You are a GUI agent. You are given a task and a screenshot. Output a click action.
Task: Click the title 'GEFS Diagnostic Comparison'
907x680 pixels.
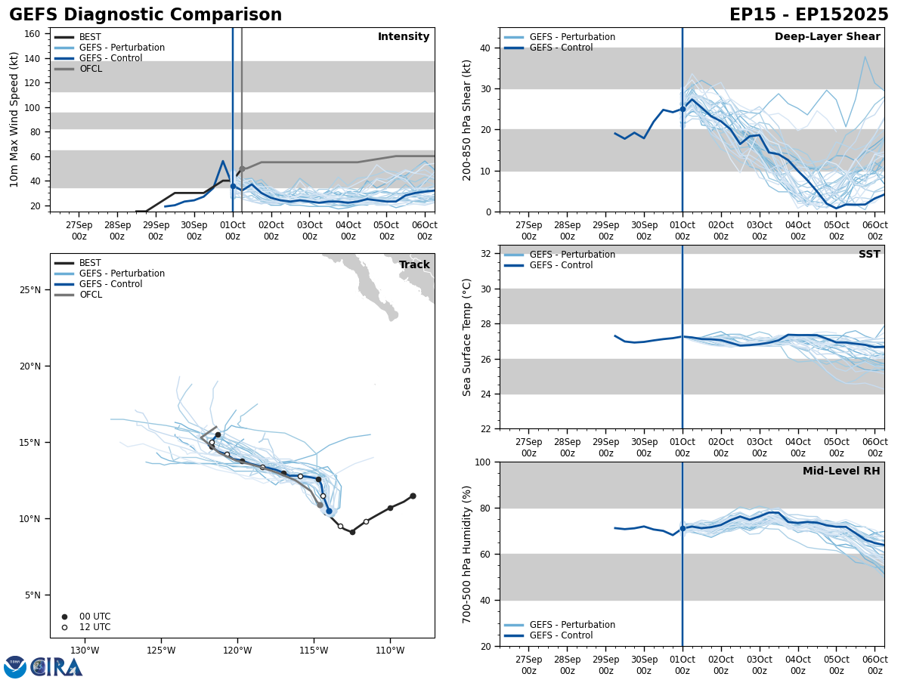coord(145,15)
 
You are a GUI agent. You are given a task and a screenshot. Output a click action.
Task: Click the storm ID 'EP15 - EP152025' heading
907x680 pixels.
coord(809,15)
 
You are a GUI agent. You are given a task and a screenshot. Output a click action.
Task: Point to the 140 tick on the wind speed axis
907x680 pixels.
coord(33,58)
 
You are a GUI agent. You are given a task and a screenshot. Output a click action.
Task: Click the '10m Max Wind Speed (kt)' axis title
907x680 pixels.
coord(14,119)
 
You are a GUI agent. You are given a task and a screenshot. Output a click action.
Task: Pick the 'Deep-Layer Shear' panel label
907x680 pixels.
coord(827,37)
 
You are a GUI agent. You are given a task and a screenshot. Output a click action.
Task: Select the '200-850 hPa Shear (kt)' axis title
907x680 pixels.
coord(468,119)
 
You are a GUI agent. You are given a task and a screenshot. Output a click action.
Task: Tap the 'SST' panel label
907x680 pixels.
coord(869,255)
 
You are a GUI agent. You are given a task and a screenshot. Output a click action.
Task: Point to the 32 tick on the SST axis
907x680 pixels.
coord(487,254)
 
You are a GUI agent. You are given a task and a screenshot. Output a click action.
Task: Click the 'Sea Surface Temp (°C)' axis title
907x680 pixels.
coord(468,337)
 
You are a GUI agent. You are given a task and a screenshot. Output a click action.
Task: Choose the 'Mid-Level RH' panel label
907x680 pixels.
coord(841,471)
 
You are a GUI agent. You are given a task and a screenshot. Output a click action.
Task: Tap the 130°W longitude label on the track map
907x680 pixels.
coord(85,651)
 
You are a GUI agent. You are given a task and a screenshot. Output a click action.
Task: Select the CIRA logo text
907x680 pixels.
coord(56,667)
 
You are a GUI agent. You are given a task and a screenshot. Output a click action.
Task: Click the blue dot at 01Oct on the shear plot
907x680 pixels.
coord(683,109)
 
